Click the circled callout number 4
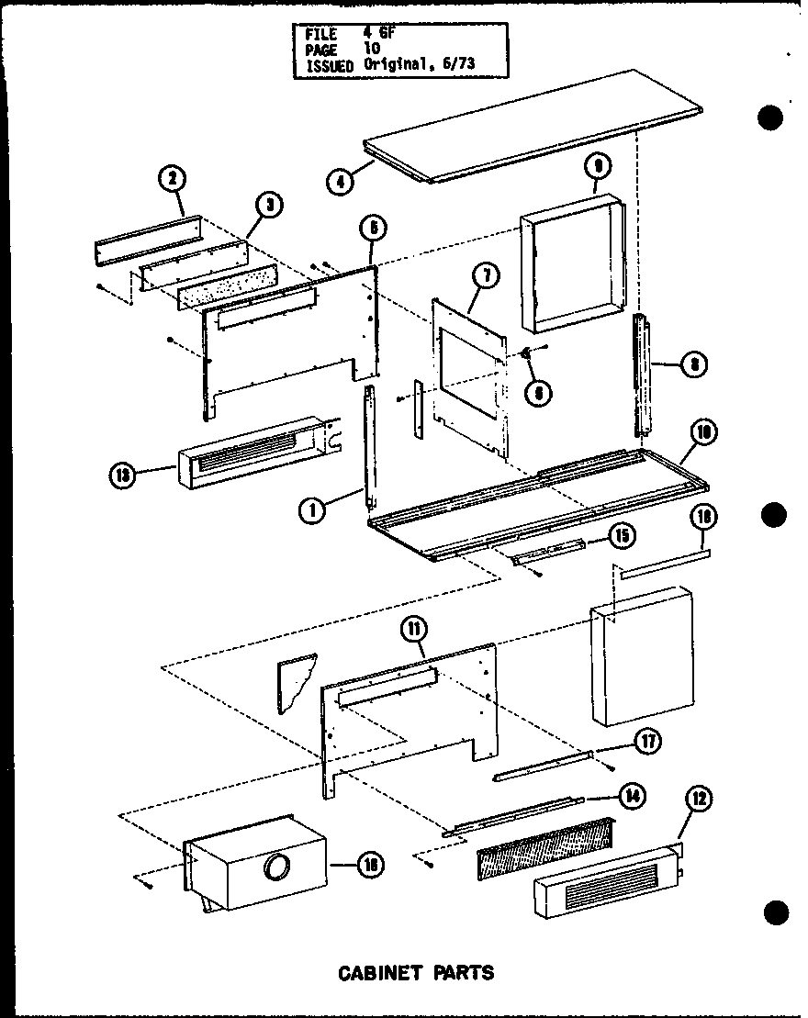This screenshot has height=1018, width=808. tap(340, 182)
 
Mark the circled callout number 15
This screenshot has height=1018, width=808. tap(622, 535)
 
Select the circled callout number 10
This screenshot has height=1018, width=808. tap(705, 433)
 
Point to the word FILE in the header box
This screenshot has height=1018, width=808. tap(320, 35)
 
